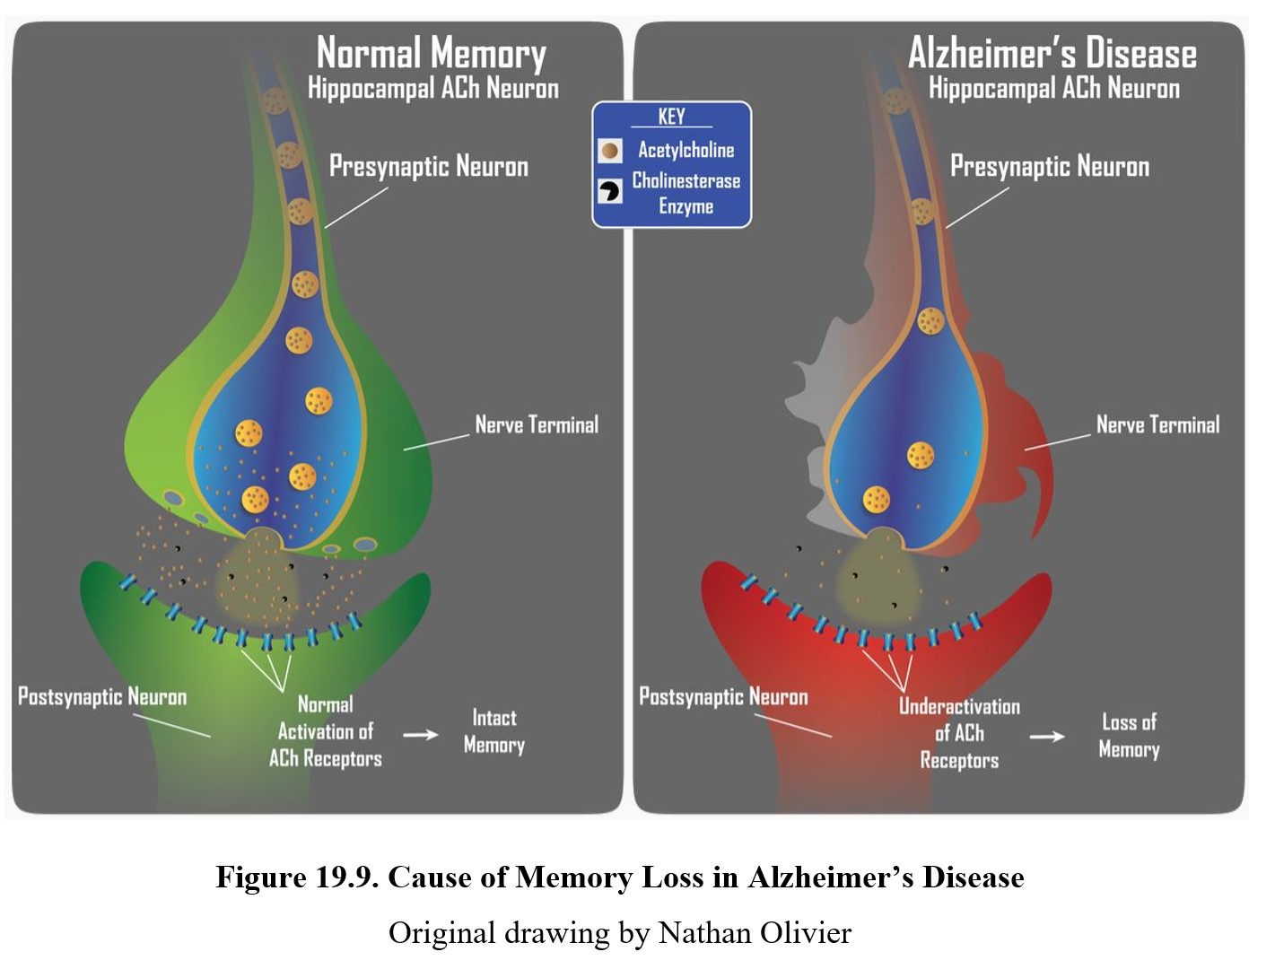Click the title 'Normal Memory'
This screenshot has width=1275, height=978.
point(431,54)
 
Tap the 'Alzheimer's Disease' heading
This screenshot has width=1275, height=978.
point(1052,54)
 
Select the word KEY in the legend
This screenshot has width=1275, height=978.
point(671,117)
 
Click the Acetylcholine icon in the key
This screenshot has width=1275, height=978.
point(610,151)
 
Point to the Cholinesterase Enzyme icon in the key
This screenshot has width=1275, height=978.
point(610,190)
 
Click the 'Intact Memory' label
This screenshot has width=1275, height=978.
point(493,731)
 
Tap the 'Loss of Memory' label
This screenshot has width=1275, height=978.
point(1129,736)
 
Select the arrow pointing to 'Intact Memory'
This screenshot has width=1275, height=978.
point(420,735)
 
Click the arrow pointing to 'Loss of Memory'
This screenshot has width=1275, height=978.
point(1046,737)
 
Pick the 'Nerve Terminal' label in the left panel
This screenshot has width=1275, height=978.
point(537,425)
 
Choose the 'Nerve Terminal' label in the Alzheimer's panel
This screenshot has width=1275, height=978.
point(1157,425)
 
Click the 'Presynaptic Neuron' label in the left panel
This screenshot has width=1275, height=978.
point(429,167)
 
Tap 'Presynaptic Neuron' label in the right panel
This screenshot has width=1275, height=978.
point(1050,167)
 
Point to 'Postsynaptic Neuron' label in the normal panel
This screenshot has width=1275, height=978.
point(102,697)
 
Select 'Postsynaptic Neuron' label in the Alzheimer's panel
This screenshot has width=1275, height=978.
point(723,697)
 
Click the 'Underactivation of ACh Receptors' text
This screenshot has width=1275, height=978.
point(959,734)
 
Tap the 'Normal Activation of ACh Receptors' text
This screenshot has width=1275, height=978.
point(325,731)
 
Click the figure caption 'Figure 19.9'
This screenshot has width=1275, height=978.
point(619,877)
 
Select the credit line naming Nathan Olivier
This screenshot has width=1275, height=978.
point(619,933)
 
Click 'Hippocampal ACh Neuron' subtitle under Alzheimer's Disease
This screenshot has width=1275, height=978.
point(1054,89)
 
